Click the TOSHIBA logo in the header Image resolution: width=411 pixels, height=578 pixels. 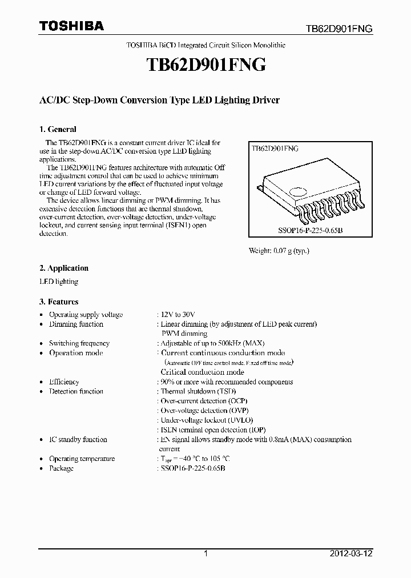[71, 26]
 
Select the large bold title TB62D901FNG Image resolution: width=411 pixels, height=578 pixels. [205, 66]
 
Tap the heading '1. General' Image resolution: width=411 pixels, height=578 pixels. [58, 129]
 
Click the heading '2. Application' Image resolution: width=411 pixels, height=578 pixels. [64, 268]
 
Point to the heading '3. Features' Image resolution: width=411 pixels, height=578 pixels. [59, 302]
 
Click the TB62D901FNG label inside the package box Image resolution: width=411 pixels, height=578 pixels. [275, 148]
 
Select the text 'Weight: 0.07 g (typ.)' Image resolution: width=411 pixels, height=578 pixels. [279, 251]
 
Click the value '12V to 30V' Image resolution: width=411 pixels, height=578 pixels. [178, 315]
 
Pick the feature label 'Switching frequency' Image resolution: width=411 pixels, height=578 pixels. [79, 343]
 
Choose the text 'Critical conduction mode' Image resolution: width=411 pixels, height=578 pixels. [202, 372]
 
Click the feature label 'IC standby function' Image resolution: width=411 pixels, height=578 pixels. [78, 439]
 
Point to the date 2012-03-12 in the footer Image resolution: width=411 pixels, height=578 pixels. [354, 553]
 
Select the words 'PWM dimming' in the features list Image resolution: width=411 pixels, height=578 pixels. [184, 334]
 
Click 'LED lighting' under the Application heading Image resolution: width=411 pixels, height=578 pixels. [59, 282]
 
